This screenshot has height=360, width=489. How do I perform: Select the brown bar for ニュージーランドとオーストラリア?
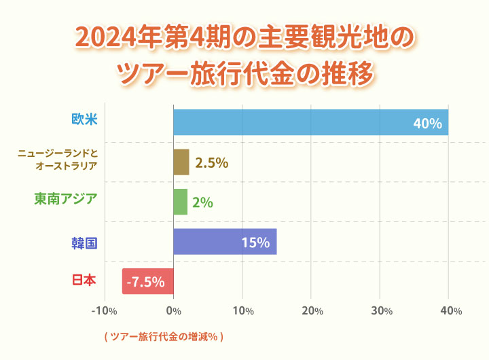[x=181, y=162]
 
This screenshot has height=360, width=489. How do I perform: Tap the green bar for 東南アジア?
[x=180, y=202]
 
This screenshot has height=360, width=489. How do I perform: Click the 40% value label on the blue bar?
[x=428, y=124]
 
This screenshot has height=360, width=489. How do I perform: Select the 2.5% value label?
[x=211, y=163]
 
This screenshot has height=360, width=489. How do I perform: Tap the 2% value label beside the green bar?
[x=203, y=202]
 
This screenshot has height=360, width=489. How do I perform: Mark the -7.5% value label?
[x=145, y=282]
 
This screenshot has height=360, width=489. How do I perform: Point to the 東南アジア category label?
[x=66, y=199]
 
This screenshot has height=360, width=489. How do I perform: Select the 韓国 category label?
[x=85, y=242]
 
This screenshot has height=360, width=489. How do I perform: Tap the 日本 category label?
[x=85, y=280]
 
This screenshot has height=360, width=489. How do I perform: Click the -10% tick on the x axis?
[x=104, y=311]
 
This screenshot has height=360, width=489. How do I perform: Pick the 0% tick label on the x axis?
[x=174, y=311]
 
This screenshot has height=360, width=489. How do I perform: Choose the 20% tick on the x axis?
[x=312, y=311]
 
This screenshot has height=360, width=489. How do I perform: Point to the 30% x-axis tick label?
[x=381, y=311]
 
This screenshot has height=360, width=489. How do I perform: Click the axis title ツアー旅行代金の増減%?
[x=164, y=336]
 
